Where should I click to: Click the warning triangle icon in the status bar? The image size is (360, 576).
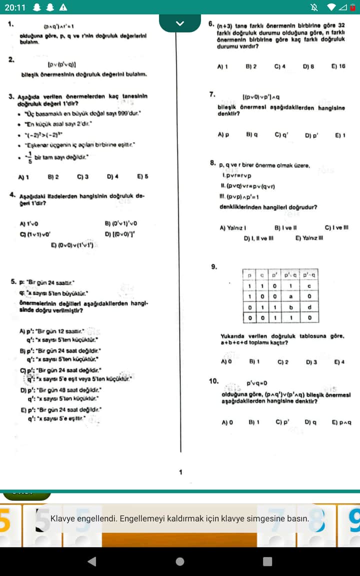click(x=63, y=7)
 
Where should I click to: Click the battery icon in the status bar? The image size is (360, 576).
click(x=352, y=7)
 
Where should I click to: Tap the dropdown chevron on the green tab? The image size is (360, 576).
click(x=180, y=23)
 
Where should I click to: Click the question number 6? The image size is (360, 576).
click(x=211, y=24)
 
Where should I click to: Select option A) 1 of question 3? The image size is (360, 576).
click(x=23, y=177)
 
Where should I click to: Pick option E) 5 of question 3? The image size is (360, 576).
click(x=142, y=177)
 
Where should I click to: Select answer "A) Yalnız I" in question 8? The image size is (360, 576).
click(x=233, y=228)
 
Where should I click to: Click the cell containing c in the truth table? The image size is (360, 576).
click(x=309, y=285)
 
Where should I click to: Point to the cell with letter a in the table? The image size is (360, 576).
click(x=289, y=296)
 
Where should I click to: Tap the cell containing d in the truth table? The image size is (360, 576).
click(x=309, y=306)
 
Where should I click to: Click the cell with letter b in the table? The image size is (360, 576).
click(x=289, y=306)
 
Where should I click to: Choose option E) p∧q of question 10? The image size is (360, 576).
click(x=341, y=422)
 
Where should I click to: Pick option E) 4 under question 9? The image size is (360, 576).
click(x=339, y=361)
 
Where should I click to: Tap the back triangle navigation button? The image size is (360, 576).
click(x=91, y=561)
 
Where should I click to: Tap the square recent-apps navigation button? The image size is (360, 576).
click(x=267, y=561)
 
